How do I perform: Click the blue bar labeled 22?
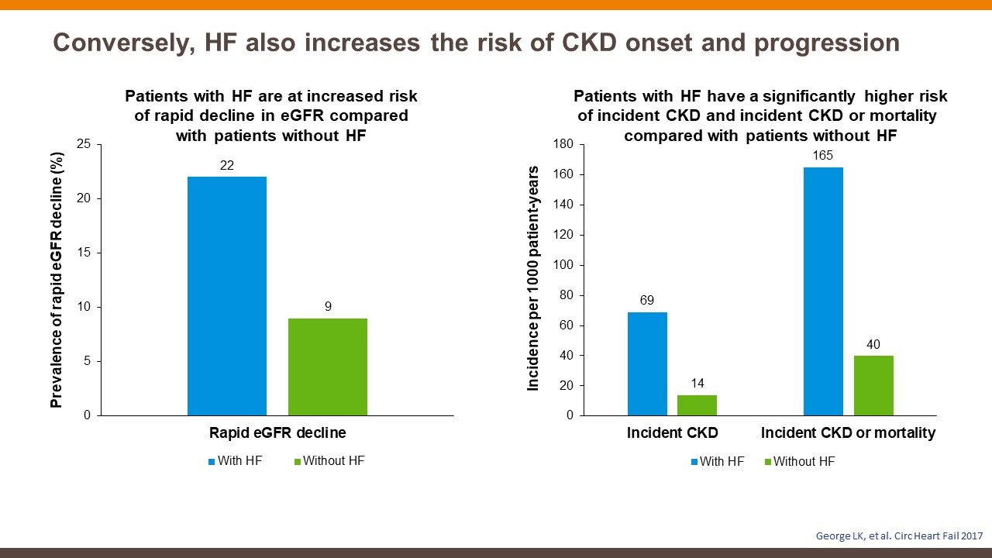click(x=227, y=296)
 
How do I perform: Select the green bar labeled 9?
click(x=328, y=367)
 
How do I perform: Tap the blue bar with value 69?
click(x=647, y=363)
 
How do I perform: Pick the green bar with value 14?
click(x=697, y=405)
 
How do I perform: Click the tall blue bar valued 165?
click(x=823, y=291)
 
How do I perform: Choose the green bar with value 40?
click(x=873, y=385)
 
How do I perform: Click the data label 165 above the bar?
click(x=823, y=156)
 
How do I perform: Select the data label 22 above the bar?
click(x=227, y=165)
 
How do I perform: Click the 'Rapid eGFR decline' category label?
click(x=277, y=432)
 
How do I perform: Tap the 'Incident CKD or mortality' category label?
click(x=848, y=432)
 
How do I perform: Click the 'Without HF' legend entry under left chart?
click(x=329, y=461)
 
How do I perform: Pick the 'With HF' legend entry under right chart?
click(x=718, y=461)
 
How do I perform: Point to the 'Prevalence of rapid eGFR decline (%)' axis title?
click(x=57, y=280)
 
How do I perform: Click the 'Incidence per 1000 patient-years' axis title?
click(x=532, y=278)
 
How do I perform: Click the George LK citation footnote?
click(x=900, y=536)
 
